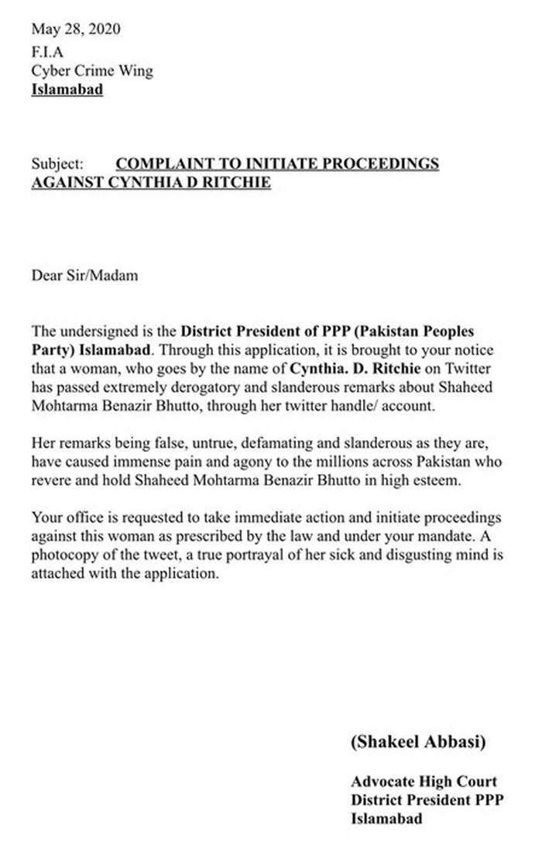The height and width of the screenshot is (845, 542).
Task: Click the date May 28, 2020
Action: pos(75,30)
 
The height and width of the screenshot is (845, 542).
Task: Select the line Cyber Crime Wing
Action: pos(92,71)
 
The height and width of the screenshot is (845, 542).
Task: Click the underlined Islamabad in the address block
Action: pos(67,89)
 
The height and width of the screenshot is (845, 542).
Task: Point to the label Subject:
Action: pos(57,164)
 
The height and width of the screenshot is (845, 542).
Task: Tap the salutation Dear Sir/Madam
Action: pos(84,275)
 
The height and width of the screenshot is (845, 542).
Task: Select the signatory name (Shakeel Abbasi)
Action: pos(418,742)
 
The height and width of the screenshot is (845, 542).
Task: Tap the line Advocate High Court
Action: pos(423,782)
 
